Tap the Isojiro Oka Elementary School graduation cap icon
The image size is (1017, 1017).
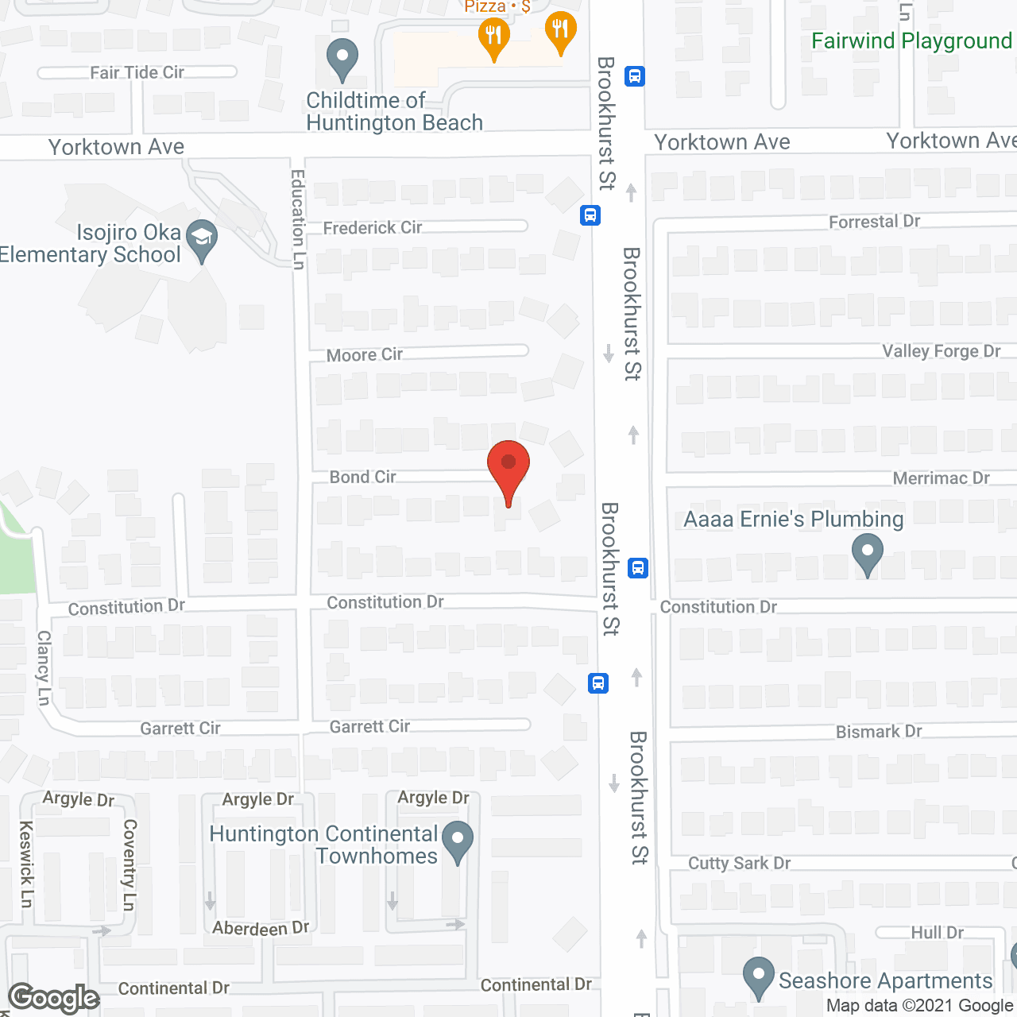[202, 240]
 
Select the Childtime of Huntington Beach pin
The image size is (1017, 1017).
[342, 60]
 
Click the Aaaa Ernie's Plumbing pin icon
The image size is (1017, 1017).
[867, 554]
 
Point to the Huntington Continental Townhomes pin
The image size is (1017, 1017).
[457, 842]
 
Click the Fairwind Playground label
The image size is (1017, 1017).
[911, 41]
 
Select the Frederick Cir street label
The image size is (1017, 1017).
[373, 228]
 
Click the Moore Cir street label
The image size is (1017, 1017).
[365, 354]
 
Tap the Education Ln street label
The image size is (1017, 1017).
[298, 220]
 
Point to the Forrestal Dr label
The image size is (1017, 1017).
[874, 222]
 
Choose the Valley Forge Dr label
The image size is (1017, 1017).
[941, 351]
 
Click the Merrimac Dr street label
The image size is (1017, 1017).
[941, 478]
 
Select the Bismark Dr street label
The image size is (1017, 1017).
[879, 732]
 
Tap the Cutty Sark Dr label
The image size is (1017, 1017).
[739, 864]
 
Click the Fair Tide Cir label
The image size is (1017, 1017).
[137, 73]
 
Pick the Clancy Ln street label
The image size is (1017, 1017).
[44, 667]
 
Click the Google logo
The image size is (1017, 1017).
[54, 998]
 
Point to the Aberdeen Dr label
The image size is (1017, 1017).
[261, 928]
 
